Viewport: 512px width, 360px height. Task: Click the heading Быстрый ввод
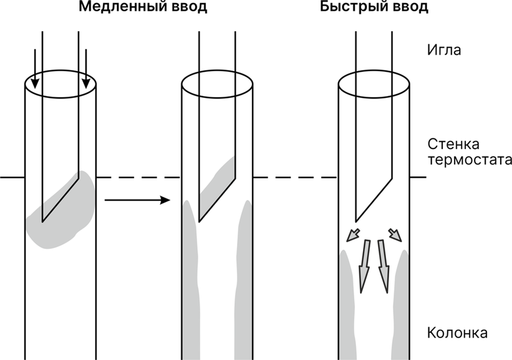pyautogui.click(x=374, y=8)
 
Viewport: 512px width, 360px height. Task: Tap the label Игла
pyautogui.click(x=444, y=50)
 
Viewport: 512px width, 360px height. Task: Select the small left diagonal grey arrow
pyautogui.click(x=353, y=235)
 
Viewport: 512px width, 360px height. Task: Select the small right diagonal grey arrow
pyautogui.click(x=395, y=235)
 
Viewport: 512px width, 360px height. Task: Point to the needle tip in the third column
pyautogui.click(x=356, y=220)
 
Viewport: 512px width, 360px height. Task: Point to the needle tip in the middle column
pyautogui.click(x=200, y=220)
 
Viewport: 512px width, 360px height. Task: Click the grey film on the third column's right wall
pyautogui.click(x=401, y=299)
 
